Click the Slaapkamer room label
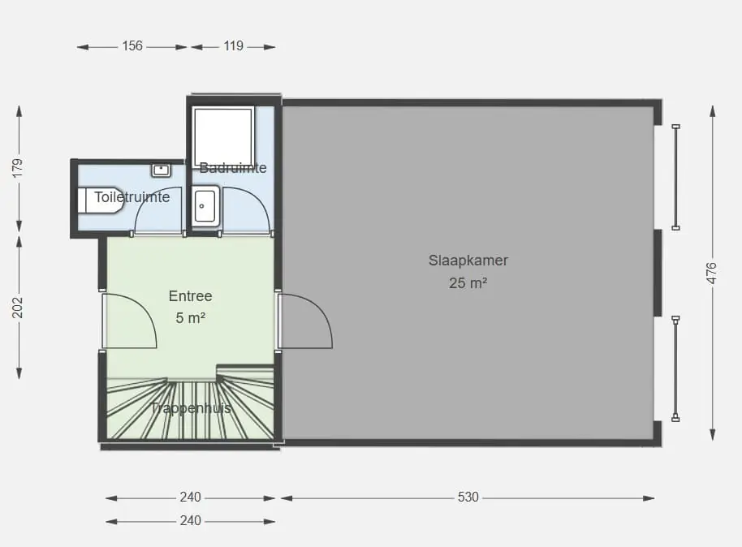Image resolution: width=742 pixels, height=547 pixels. point(468,261)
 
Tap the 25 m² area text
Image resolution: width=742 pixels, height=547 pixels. point(468,283)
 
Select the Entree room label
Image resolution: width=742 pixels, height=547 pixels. point(190,295)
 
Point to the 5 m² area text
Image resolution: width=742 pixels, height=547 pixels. point(190,318)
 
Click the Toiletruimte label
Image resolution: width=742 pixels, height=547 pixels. point(132,197)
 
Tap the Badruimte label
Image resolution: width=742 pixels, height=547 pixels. point(233,167)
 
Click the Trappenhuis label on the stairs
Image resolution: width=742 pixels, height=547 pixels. point(191,408)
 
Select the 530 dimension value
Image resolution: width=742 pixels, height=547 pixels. point(468,497)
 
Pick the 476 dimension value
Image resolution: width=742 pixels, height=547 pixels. point(712,273)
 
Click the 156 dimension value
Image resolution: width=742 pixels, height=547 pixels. point(132,46)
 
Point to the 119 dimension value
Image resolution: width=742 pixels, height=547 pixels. point(233,46)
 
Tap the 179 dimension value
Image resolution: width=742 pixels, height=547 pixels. point(18,169)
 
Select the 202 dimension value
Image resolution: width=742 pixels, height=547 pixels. point(18,307)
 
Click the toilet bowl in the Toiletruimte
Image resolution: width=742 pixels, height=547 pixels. point(101,200)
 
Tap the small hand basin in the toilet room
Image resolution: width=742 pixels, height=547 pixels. point(161,170)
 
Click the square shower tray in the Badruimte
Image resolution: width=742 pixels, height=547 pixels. point(223,137)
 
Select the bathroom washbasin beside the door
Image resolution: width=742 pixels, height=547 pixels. point(205,206)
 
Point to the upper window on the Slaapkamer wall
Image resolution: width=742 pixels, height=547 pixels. point(675,178)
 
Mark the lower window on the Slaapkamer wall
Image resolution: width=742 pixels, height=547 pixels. point(675,368)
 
